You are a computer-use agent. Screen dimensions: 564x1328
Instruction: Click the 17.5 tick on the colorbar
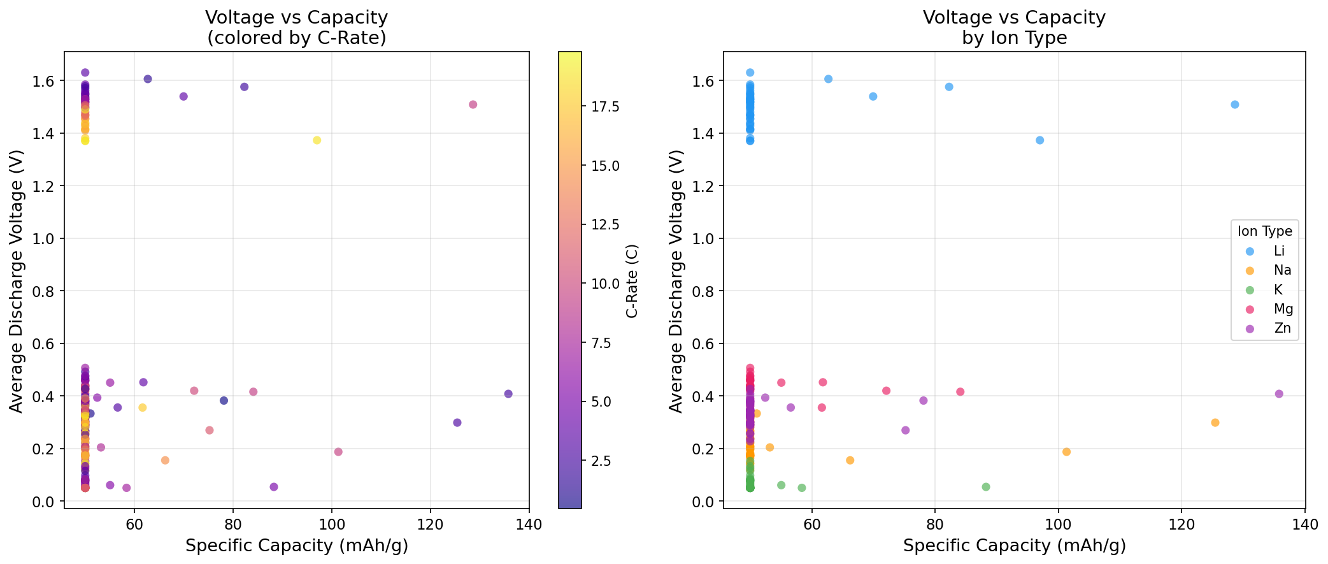605,106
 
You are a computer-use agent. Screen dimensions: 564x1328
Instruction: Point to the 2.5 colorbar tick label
605,461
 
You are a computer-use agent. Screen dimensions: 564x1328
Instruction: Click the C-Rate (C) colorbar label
632,280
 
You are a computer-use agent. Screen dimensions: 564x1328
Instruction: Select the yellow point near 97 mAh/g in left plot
317,140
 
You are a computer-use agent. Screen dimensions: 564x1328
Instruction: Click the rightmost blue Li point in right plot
1235,105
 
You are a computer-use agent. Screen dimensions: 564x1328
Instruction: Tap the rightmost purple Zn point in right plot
1279,394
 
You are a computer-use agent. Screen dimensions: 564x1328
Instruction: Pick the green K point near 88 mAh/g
986,487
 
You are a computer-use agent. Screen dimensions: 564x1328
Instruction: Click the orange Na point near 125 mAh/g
1215,423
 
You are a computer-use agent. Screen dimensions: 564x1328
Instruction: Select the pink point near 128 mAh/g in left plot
473,105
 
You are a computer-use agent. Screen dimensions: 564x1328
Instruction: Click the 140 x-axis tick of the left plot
529,525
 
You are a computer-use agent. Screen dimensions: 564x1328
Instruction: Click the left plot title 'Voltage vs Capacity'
296,17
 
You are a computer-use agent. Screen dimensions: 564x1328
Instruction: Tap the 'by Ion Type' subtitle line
1014,38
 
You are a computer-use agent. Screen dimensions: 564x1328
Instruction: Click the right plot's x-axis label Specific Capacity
1014,546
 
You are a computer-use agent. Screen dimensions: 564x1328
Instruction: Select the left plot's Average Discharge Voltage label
17,280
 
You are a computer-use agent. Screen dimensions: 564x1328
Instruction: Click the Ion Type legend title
1264,231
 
